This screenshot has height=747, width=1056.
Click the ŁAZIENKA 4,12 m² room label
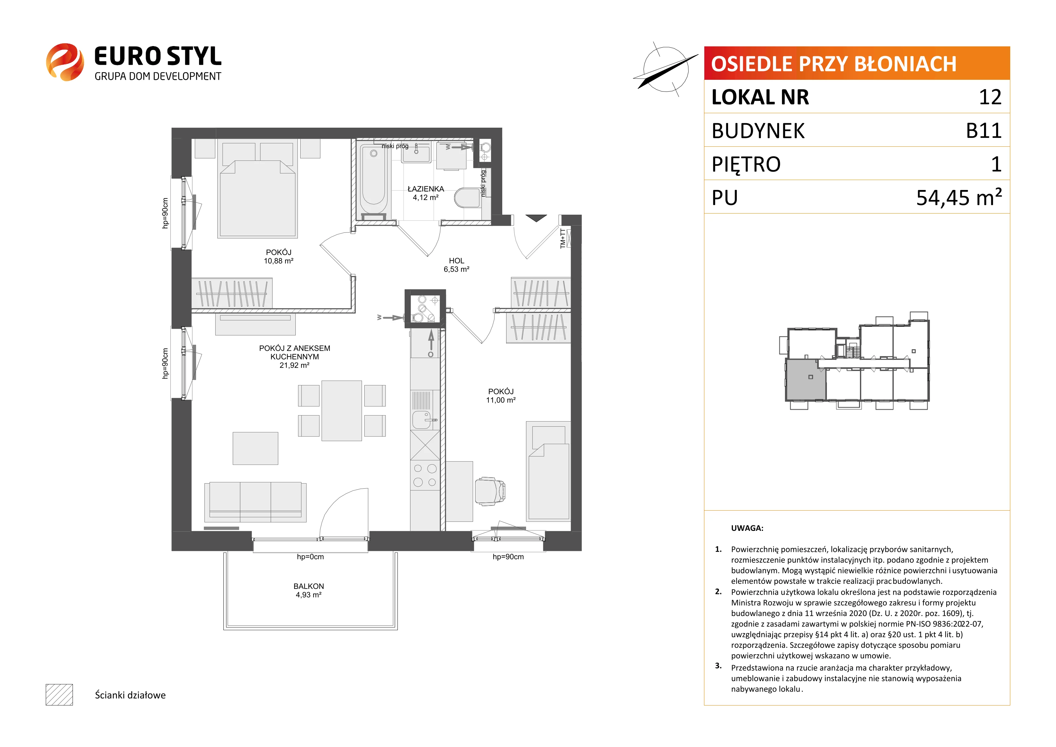click(425, 193)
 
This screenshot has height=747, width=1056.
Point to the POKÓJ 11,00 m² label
click(501, 396)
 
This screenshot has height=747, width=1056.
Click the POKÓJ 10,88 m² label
click(279, 256)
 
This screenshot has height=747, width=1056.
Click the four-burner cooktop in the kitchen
click(425, 475)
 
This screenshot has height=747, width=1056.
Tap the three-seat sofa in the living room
click(255, 502)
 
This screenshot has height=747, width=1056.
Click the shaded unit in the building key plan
click(806, 379)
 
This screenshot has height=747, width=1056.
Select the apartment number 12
click(990, 97)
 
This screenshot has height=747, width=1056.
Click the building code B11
click(984, 131)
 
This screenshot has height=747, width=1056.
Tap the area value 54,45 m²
click(959, 197)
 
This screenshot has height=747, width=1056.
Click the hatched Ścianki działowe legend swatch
click(59, 695)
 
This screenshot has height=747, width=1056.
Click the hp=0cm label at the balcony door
click(310, 557)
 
